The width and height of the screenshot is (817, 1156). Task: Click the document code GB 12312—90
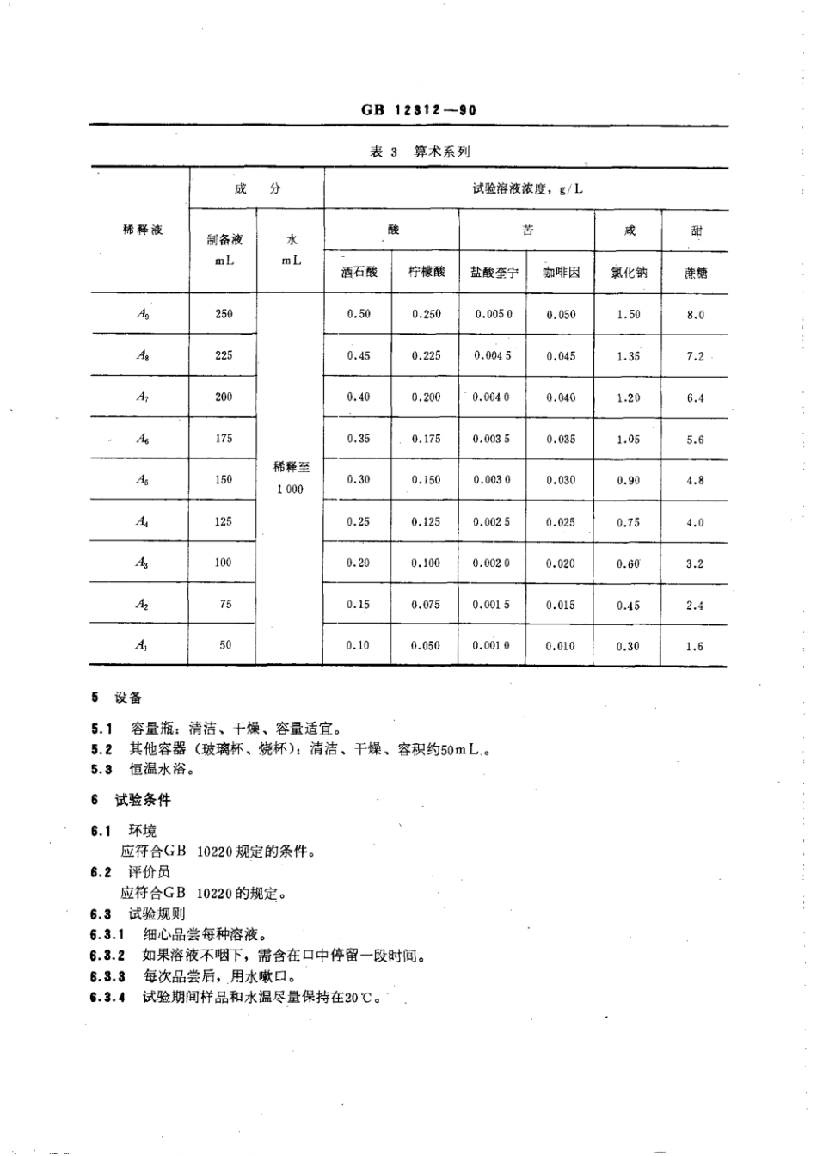(419, 110)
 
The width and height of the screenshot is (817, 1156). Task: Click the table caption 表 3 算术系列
(420, 152)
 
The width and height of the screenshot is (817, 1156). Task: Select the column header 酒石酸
(359, 273)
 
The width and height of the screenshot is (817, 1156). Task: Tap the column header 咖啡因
(561, 273)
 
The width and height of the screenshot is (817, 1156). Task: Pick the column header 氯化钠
(628, 273)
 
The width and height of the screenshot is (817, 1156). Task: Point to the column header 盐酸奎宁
(494, 273)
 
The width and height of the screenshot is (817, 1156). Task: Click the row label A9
(144, 315)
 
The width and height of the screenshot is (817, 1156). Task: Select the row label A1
(142, 646)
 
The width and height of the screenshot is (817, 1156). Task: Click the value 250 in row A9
(224, 315)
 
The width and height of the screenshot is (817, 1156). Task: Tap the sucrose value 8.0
(695, 315)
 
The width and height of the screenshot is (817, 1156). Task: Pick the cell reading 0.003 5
(491, 439)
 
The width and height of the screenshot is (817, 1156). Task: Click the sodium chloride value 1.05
(628, 439)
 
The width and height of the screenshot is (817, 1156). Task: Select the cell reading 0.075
(426, 605)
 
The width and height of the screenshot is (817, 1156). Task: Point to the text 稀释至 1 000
(291, 478)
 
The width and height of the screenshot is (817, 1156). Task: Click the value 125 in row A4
(224, 522)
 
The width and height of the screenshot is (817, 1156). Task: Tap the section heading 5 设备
(117, 698)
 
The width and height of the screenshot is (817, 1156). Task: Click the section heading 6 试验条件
(131, 800)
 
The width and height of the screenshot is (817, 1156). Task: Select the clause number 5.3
(102, 770)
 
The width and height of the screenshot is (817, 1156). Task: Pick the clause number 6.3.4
(107, 998)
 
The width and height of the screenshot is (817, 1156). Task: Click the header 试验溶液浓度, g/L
(526, 188)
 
